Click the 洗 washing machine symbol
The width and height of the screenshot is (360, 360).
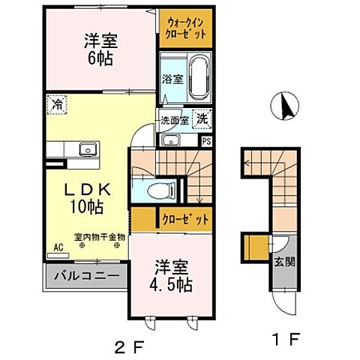(x=202, y=117)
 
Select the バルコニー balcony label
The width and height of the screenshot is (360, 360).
(x=88, y=276)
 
